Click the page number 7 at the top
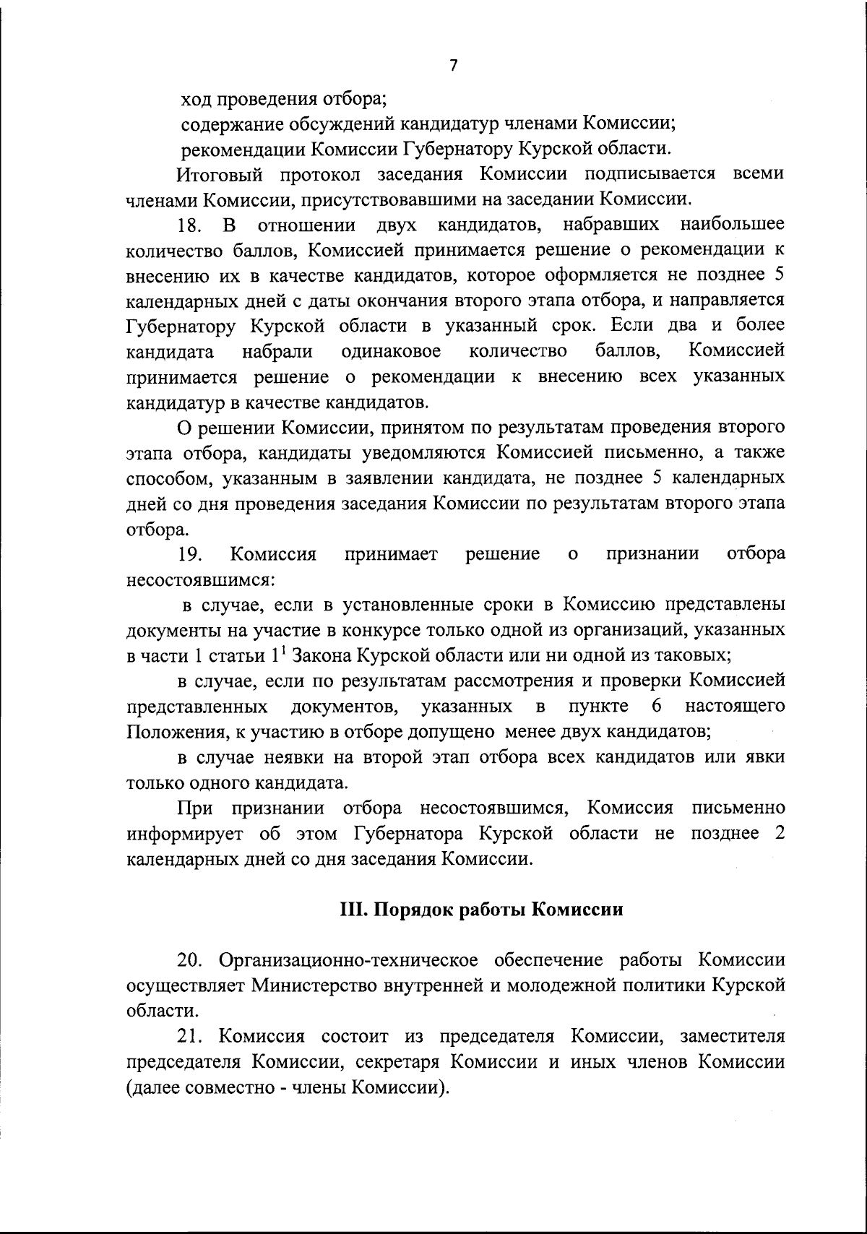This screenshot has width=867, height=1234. coord(454,66)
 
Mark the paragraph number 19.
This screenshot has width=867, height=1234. coord(189,554)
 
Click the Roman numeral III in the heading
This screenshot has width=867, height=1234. coord(353,910)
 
